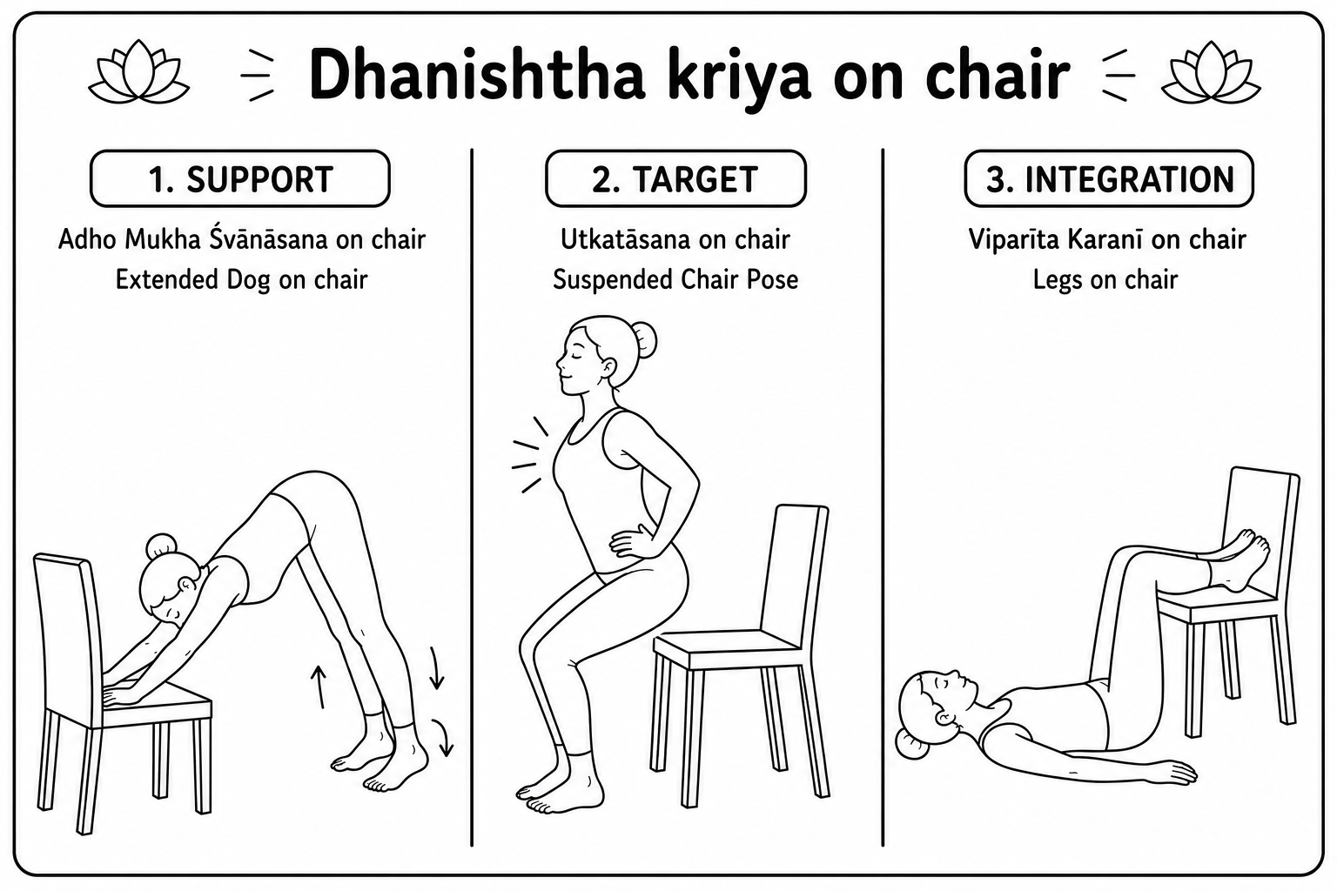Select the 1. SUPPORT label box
coord(240,178)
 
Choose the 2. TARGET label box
coord(675,178)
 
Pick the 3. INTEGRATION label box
coord(1109,178)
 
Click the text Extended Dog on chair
coord(241,280)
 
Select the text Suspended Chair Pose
coord(675,280)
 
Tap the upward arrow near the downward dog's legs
coord(319,687)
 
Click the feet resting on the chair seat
coord(1236,560)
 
